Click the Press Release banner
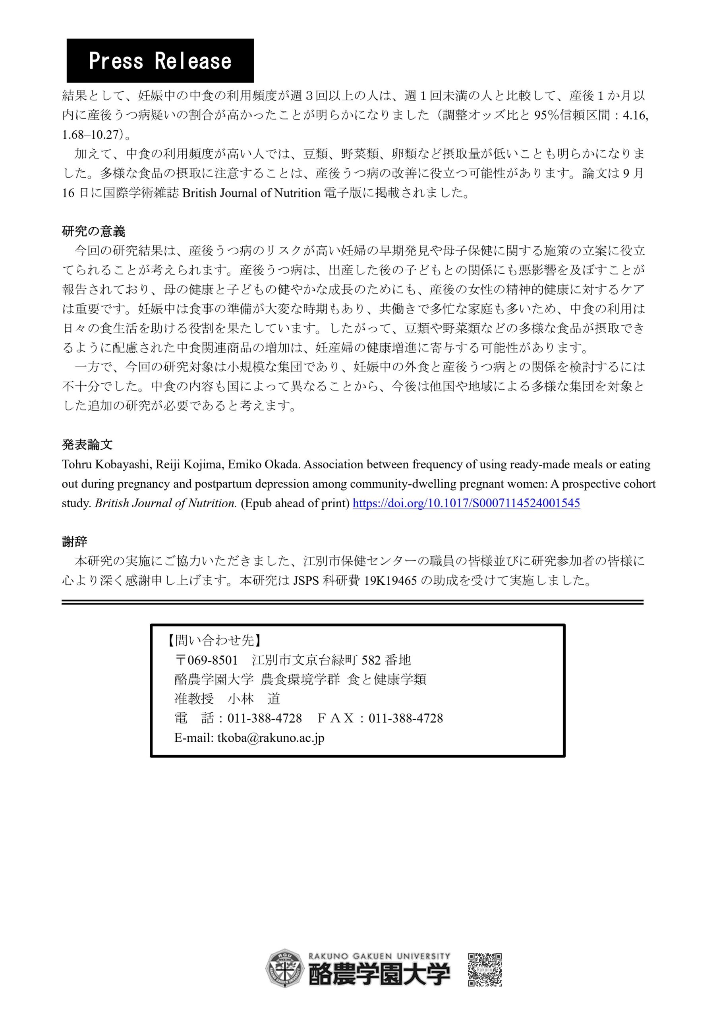click(x=160, y=61)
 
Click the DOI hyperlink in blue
click(x=466, y=503)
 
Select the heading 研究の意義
click(x=93, y=231)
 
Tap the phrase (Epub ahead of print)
click(x=295, y=503)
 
